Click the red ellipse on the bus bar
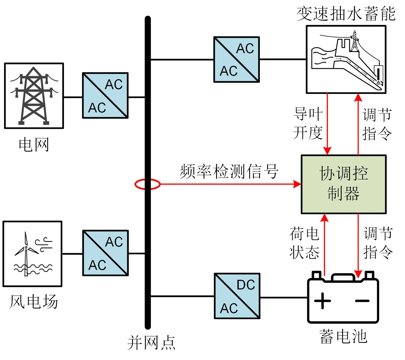[147, 184]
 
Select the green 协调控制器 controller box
[343, 184]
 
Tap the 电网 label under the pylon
[34, 145]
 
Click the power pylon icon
[34, 96]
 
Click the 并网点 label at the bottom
[151, 343]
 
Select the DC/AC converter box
[237, 296]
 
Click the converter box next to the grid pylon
[105, 95]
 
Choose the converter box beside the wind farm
[106, 253]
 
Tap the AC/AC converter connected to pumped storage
[236, 60]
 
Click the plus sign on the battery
[322, 301]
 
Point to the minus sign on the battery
[362, 301]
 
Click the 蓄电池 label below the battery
[343, 337]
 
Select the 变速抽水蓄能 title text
[346, 14]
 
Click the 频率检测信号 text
[229, 171]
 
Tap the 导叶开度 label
[308, 123]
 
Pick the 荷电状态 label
[305, 243]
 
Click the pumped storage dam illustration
[346, 60]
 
